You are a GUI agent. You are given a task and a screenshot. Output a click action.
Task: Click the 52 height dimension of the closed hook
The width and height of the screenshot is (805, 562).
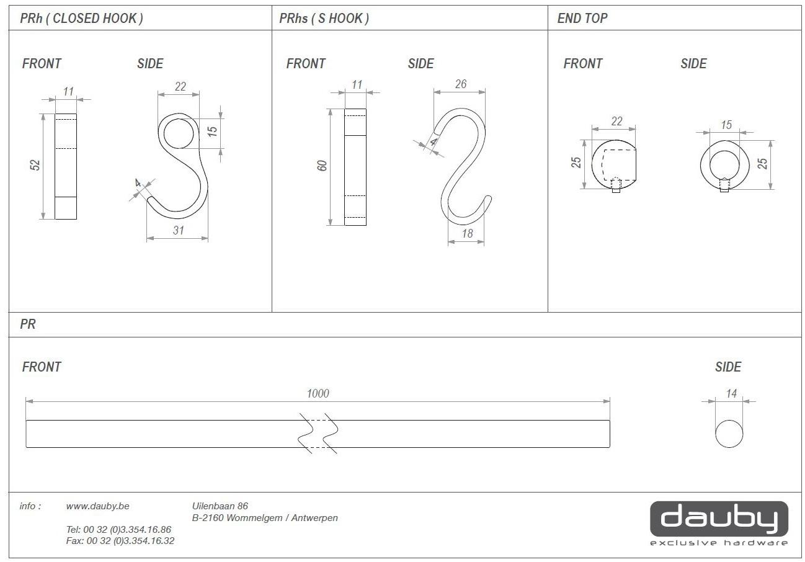(x=35, y=165)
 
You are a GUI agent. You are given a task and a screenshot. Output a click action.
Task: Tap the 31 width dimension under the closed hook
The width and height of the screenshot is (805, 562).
(x=179, y=230)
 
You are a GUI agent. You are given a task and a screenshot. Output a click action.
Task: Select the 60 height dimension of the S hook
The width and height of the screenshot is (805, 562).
(x=322, y=166)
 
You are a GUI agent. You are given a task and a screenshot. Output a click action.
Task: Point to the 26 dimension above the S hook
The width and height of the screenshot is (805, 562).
(x=461, y=84)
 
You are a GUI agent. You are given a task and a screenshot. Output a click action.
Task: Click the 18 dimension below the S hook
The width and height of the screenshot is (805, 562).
(x=467, y=234)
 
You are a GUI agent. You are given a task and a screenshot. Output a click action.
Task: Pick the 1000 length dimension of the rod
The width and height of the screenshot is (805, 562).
(x=318, y=393)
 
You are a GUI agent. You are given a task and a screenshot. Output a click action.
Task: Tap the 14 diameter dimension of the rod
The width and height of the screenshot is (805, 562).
(x=731, y=393)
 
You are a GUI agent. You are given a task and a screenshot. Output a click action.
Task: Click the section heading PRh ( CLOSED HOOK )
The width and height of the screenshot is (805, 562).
(x=82, y=19)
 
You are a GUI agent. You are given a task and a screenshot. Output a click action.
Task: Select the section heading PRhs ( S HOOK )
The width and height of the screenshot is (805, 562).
(x=324, y=19)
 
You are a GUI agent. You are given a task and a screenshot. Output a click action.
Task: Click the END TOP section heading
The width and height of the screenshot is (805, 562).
(x=582, y=18)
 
